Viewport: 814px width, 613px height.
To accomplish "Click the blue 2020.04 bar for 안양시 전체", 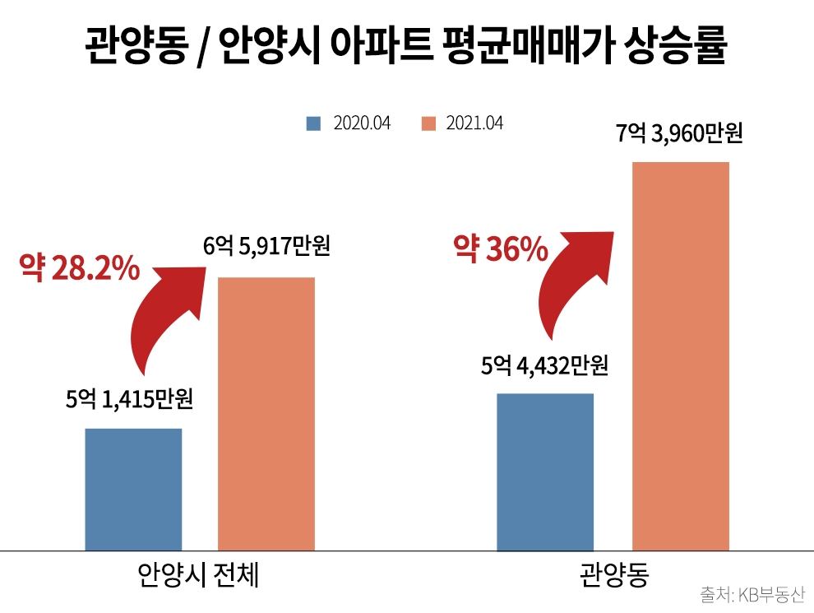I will tap(133, 489).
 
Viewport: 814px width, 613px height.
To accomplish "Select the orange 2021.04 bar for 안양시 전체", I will tap(266, 413).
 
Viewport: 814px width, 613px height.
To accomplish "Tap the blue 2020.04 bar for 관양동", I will tap(545, 471).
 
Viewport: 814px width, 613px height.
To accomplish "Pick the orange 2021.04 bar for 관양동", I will tap(680, 355).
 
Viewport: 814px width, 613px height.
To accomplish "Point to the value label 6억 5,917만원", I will tap(266, 246).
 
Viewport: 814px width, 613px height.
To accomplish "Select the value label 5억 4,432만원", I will tap(544, 365).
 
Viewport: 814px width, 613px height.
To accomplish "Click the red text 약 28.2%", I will tap(80, 270).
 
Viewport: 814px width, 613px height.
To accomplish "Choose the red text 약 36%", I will tap(501, 249).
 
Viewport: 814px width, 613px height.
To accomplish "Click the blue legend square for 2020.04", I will tap(313, 123).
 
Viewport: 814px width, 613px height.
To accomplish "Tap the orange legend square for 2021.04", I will tap(427, 123).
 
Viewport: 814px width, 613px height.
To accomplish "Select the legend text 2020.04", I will tap(362, 123).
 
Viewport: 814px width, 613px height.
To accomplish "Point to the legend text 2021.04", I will tap(474, 123).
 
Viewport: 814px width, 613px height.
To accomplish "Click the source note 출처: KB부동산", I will tap(752, 595).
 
